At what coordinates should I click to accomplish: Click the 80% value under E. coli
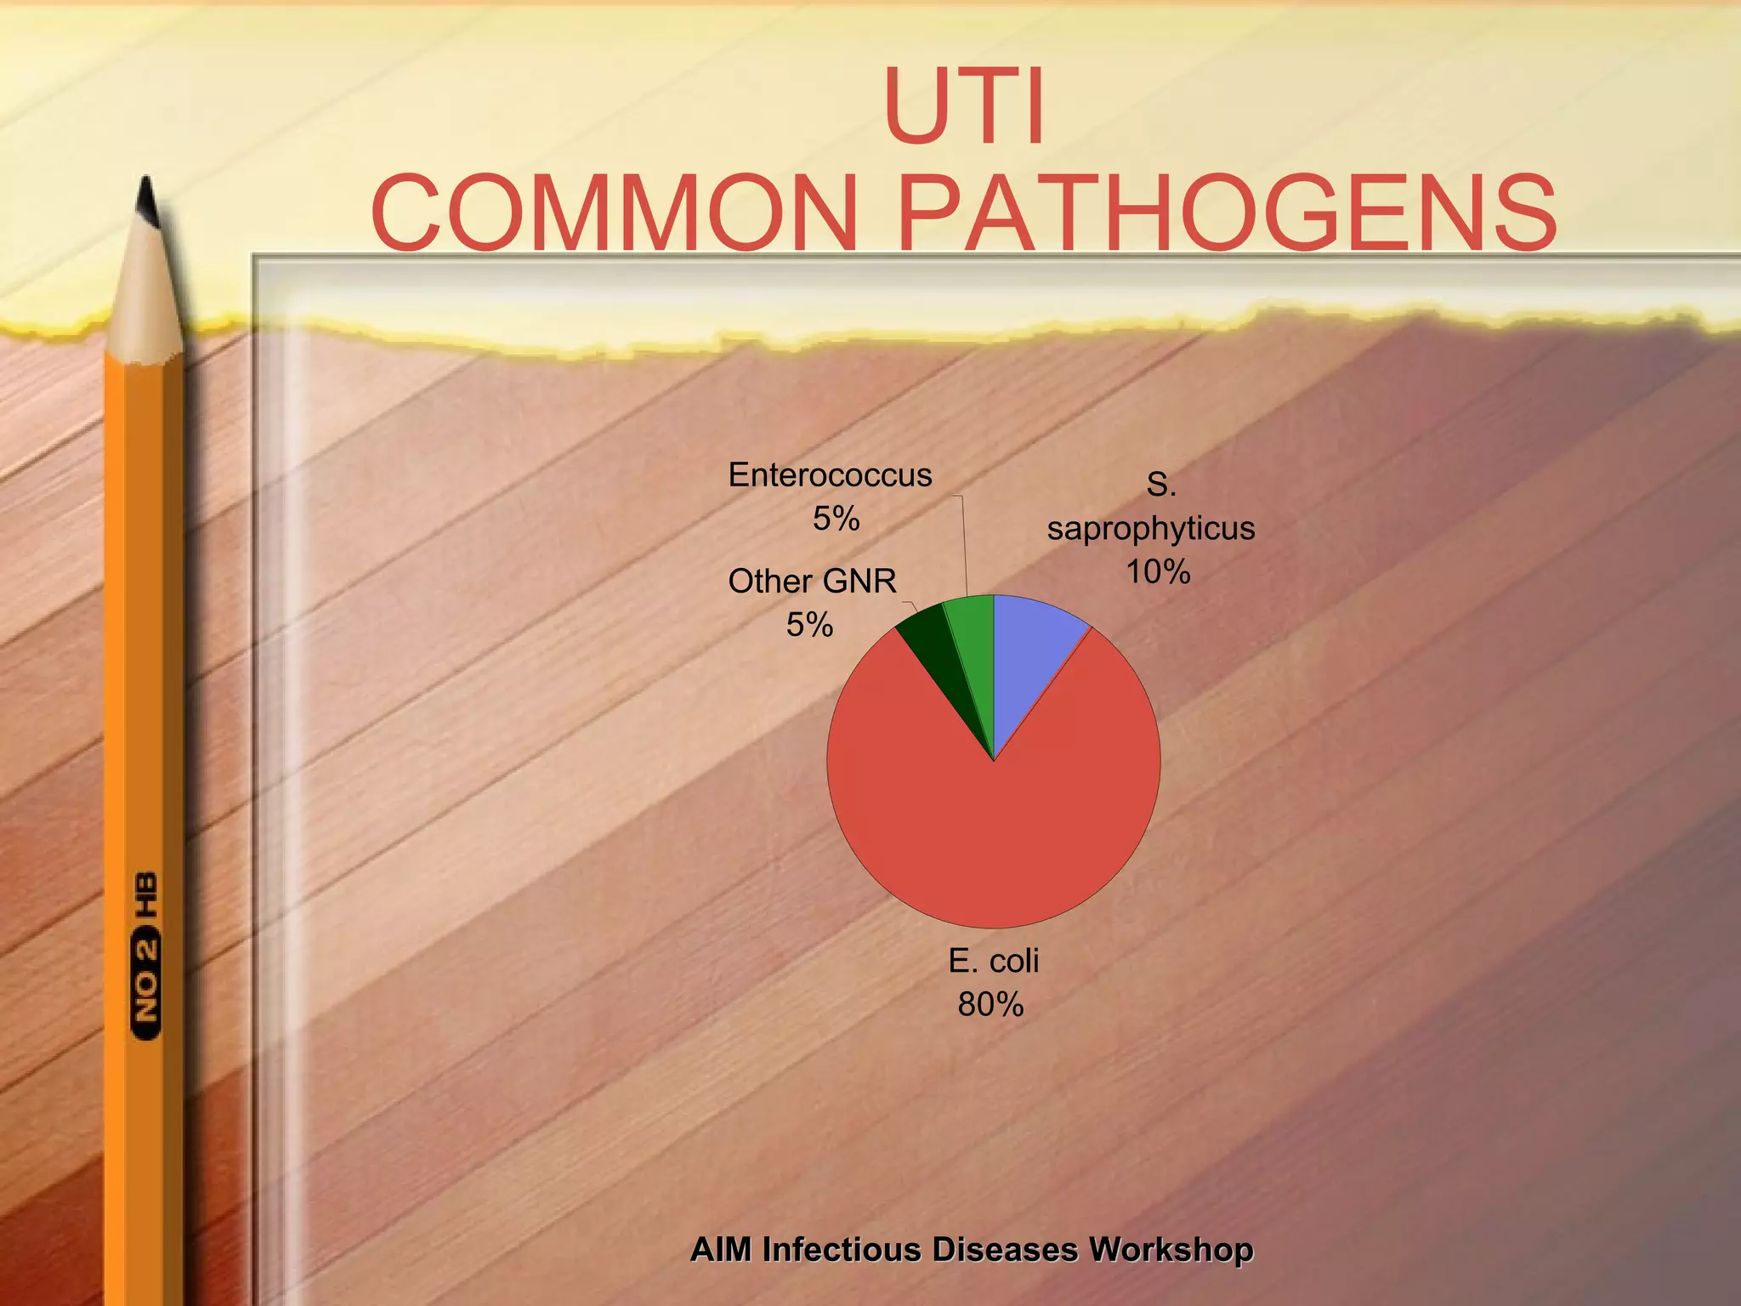[990, 1005]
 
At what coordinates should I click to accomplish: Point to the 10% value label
[1158, 572]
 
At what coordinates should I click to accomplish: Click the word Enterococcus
[830, 475]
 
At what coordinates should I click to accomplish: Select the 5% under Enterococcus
[836, 519]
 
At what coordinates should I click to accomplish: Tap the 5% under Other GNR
[809, 626]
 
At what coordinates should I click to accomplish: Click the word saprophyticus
[1151, 529]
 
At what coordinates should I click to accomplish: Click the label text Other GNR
[812, 582]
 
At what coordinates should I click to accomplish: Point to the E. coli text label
[993, 962]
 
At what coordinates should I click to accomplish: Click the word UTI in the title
[964, 107]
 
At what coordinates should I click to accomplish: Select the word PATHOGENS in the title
[1227, 213]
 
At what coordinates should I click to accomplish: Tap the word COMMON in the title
[614, 213]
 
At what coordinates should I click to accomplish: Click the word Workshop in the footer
[1171, 1250]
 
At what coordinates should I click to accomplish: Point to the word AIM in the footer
[721, 1250]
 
